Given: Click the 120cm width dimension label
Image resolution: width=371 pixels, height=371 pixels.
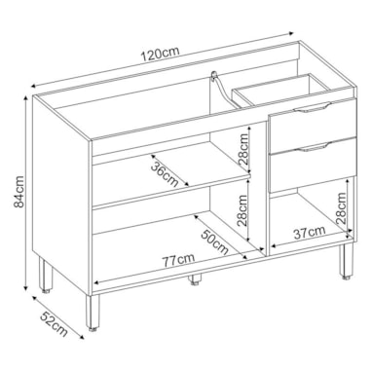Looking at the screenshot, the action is (160, 55).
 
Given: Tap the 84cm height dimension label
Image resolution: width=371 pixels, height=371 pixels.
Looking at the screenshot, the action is (19, 192).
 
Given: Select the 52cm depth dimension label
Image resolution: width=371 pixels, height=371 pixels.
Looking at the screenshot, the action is (55, 323).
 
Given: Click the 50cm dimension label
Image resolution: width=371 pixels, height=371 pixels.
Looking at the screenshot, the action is (214, 242).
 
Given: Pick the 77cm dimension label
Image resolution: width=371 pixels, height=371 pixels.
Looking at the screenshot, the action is (178, 260).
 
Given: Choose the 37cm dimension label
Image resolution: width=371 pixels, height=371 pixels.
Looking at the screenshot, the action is (310, 233).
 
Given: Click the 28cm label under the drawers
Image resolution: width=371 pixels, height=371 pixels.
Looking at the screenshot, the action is (341, 208).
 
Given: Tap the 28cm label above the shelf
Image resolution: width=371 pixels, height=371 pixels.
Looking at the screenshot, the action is (243, 149).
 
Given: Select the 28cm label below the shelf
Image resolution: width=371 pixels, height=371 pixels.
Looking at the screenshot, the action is (242, 210).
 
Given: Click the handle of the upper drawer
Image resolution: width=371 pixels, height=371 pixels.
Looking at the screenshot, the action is (313, 108).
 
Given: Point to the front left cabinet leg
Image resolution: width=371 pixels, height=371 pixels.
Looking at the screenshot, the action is (93, 312).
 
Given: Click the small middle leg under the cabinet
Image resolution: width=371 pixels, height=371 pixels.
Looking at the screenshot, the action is (196, 278).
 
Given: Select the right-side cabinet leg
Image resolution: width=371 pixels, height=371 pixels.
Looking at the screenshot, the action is (346, 261).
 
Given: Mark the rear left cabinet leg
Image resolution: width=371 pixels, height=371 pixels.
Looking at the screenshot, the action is (45, 276).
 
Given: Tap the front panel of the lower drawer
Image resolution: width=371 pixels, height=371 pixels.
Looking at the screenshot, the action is (312, 165).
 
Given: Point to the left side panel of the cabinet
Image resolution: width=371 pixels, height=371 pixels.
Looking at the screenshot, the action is (61, 195).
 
